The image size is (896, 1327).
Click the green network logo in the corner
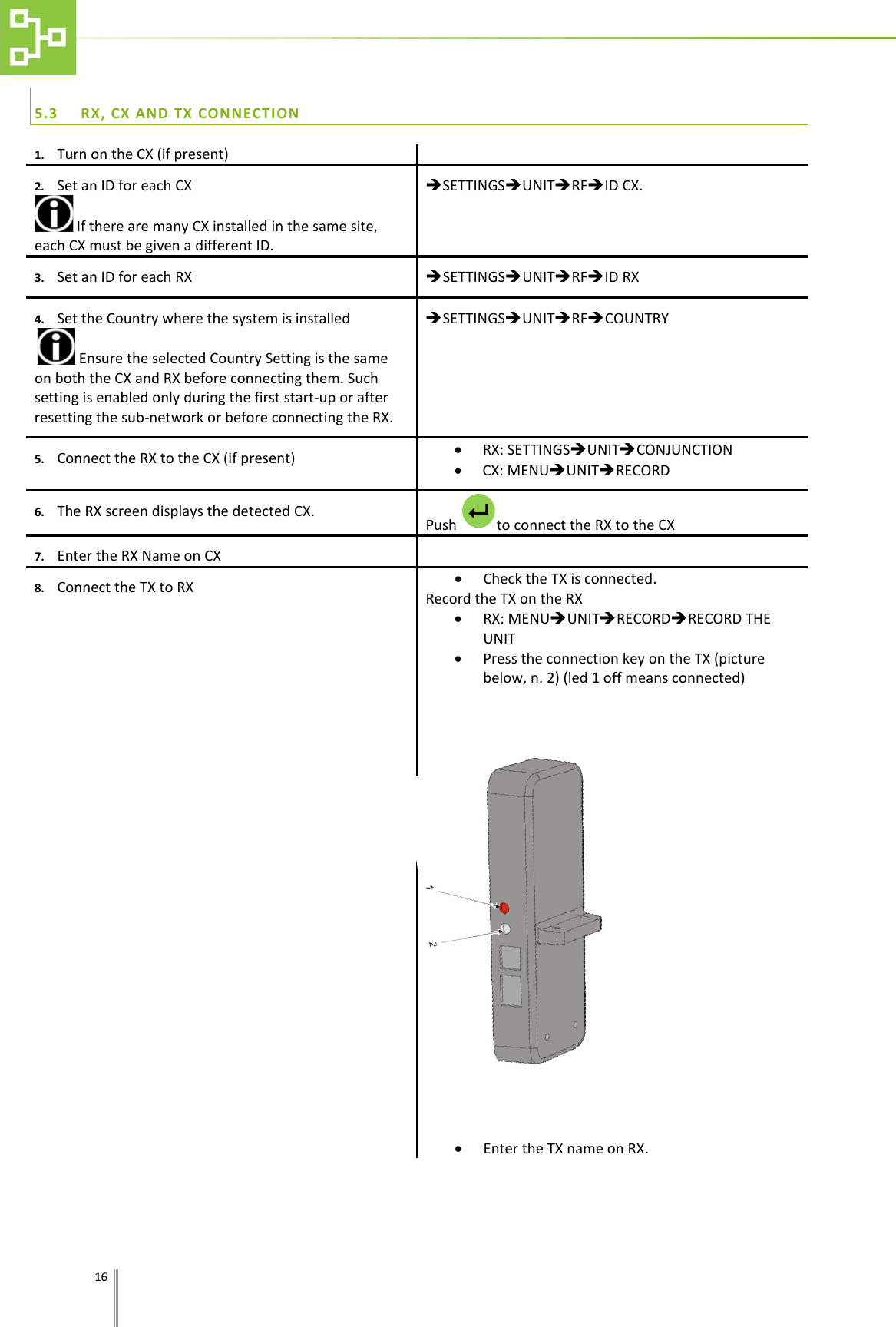(x=38, y=37)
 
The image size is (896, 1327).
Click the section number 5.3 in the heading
(x=46, y=114)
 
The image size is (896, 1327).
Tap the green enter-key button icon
(x=478, y=511)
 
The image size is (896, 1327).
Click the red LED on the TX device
(x=504, y=908)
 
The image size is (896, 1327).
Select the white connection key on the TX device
(x=505, y=929)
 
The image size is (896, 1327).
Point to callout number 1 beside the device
(x=430, y=887)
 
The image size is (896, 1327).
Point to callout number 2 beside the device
(x=432, y=944)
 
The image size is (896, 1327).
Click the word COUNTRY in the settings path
(x=636, y=319)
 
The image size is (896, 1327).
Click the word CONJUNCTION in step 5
(x=684, y=450)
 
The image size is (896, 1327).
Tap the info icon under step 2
(x=54, y=213)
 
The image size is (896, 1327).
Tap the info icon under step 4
(x=56, y=346)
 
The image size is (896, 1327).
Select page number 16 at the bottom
(x=101, y=1277)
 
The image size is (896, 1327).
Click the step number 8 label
(x=39, y=588)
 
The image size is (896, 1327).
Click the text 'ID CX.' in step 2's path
(x=623, y=186)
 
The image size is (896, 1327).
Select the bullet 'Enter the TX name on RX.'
(x=565, y=1149)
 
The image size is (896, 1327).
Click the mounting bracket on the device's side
(x=569, y=925)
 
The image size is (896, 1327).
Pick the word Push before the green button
(x=441, y=525)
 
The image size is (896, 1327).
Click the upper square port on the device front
(x=510, y=957)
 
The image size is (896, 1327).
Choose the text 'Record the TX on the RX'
(x=504, y=599)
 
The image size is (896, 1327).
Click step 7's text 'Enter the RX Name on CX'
(x=139, y=556)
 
